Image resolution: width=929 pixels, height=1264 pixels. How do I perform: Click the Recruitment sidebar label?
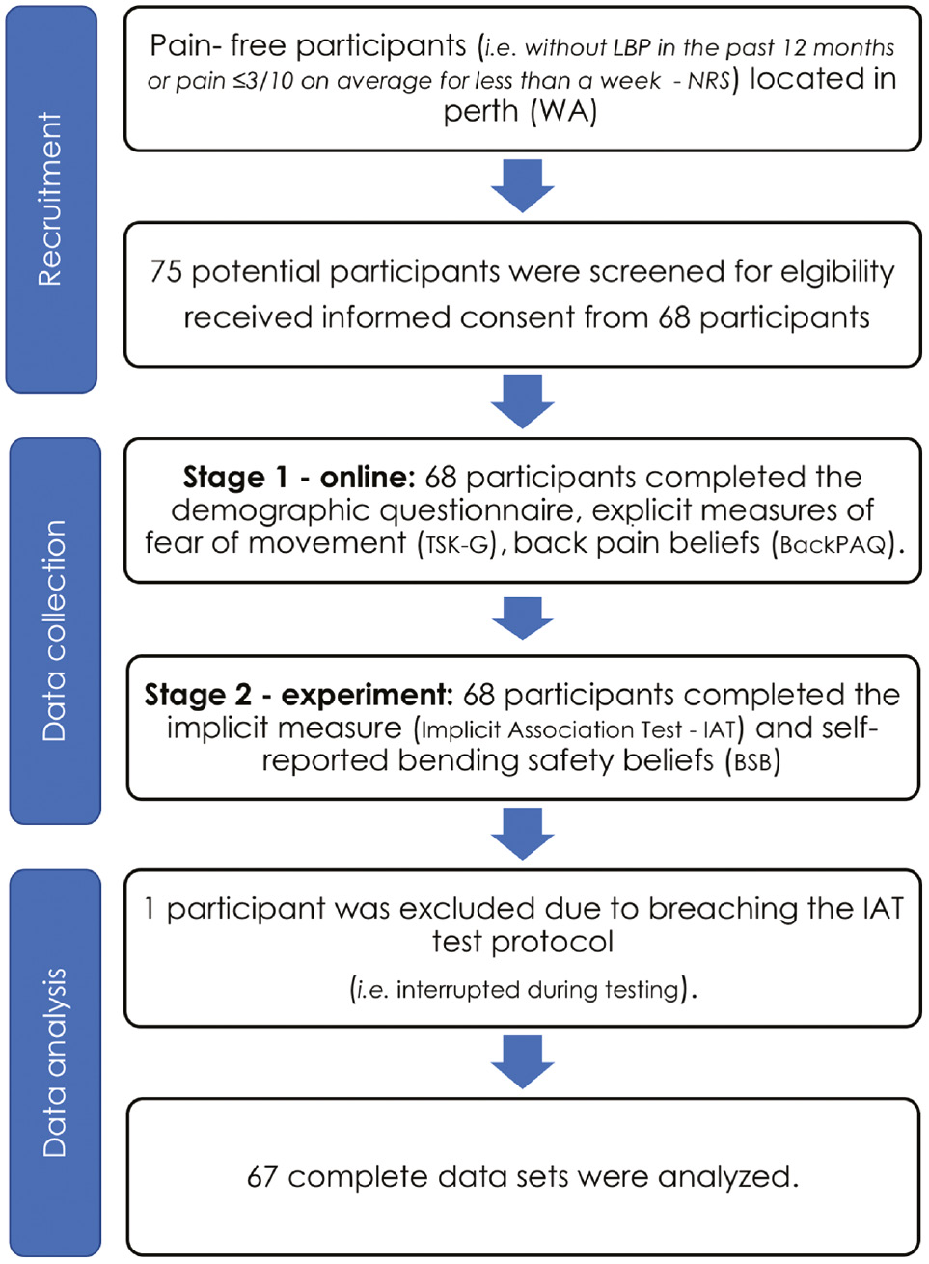click(x=50, y=199)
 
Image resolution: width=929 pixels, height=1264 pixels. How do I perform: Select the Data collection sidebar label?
click(x=54, y=630)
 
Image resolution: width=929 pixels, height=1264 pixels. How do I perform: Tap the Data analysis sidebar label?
click(x=54, y=1061)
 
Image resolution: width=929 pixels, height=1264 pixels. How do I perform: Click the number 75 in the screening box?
click(x=166, y=272)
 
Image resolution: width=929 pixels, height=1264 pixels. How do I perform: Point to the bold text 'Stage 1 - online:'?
click(x=298, y=478)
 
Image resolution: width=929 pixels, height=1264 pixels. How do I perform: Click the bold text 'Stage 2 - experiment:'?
click(x=298, y=695)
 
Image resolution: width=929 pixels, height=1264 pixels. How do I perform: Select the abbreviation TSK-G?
click(x=456, y=545)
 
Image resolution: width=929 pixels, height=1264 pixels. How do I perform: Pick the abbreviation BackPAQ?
click(x=833, y=545)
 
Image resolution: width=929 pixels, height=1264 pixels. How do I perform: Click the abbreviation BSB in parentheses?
click(x=752, y=762)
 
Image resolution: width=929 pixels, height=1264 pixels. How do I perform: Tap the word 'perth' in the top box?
click(x=480, y=113)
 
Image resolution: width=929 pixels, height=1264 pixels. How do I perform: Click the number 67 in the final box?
click(x=262, y=1177)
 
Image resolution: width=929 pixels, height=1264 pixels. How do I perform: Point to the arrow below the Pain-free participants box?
click(x=522, y=185)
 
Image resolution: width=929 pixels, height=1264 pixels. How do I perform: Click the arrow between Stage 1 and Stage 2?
click(x=522, y=618)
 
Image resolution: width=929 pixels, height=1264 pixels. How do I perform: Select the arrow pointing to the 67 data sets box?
click(x=522, y=1061)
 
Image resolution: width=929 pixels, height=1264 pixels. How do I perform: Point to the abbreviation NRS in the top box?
click(x=709, y=81)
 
